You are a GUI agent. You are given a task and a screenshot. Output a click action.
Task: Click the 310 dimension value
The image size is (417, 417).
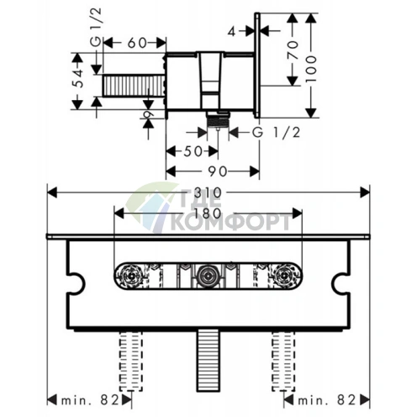[212, 193]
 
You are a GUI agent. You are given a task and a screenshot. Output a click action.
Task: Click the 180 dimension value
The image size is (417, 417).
[207, 214]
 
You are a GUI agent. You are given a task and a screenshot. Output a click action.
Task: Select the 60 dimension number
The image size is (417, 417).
[137, 43]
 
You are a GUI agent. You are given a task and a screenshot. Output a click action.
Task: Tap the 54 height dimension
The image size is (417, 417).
[79, 78]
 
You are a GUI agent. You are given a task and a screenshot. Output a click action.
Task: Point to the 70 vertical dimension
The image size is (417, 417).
[293, 50]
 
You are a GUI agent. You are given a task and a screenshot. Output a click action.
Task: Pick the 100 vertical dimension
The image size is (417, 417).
[311, 69]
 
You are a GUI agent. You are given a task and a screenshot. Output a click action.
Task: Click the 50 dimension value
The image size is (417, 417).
[193, 151]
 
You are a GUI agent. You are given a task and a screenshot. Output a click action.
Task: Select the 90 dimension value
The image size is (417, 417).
[218, 172]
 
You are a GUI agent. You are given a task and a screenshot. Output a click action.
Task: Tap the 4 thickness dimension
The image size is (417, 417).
[231, 32]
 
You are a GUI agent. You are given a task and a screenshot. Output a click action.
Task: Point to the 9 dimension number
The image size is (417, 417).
[149, 114]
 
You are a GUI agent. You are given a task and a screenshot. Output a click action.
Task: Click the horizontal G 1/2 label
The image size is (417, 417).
[276, 133]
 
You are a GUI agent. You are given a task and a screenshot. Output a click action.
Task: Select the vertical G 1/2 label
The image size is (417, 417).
[96, 27]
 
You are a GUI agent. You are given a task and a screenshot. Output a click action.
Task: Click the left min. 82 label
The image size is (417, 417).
[91, 400]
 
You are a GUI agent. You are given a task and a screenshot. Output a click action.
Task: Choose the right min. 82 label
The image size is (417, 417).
[327, 400]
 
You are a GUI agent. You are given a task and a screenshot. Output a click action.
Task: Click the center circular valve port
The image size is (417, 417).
[208, 276]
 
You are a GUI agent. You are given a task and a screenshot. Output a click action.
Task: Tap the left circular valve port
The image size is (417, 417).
[131, 276]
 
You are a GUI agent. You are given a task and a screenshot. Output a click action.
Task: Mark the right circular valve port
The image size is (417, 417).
[285, 276]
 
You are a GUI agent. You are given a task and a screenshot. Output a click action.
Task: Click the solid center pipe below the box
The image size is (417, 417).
[208, 361]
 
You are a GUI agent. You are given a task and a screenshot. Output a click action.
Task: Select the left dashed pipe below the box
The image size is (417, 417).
[131, 362]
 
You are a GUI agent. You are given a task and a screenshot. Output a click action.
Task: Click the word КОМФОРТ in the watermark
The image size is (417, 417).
[230, 222]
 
